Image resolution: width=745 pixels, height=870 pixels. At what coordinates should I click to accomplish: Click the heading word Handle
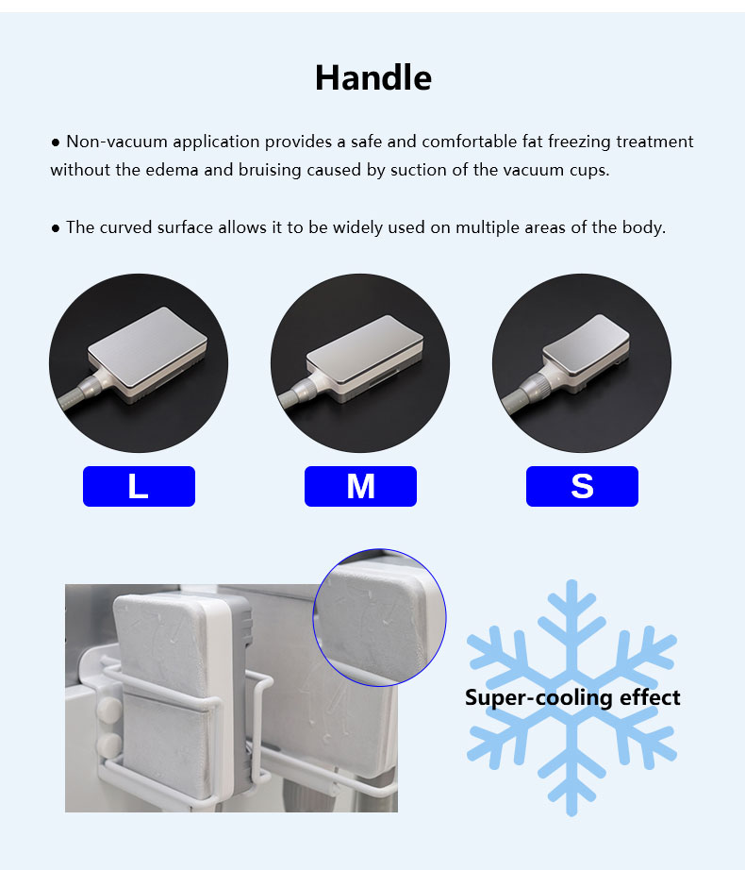[372, 77]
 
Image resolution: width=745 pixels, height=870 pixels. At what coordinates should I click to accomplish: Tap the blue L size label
[139, 487]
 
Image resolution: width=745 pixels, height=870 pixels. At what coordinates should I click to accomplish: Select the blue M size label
[360, 487]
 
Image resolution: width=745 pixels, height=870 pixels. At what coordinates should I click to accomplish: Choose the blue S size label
[582, 487]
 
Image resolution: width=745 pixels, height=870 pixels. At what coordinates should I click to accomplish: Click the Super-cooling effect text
[571, 698]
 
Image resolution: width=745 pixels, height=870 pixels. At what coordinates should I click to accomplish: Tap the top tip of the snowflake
[571, 586]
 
